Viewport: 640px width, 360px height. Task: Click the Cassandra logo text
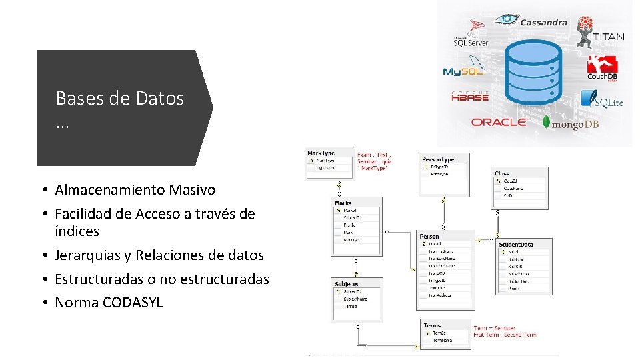(x=543, y=22)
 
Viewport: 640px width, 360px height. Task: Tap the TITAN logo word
(x=608, y=37)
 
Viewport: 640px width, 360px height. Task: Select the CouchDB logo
(x=603, y=69)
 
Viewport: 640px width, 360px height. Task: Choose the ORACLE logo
(x=499, y=122)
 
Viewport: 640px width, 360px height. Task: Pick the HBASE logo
(x=470, y=96)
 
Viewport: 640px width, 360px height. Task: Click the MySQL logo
(x=463, y=71)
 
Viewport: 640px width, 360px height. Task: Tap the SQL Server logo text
(x=471, y=42)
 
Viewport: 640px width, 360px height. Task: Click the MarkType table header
(x=321, y=153)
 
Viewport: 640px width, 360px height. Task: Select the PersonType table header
(x=438, y=159)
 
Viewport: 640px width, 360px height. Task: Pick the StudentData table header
(x=517, y=244)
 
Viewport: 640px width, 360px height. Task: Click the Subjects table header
(x=347, y=284)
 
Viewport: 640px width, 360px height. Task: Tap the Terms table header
(x=432, y=325)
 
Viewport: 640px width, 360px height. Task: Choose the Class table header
(x=502, y=173)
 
